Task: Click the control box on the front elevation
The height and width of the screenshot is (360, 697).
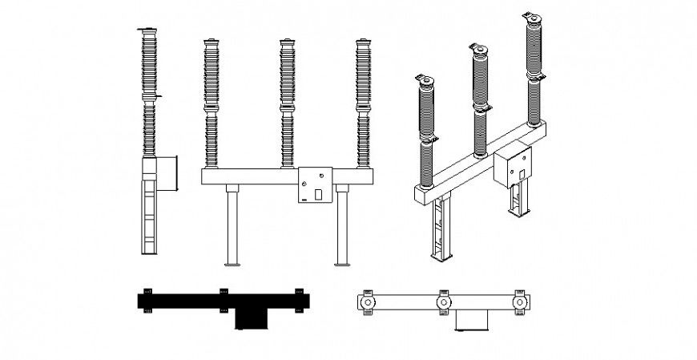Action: click(x=315, y=185)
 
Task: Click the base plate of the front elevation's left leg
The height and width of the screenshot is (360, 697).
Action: click(x=232, y=264)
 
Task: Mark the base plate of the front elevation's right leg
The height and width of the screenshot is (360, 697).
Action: click(x=342, y=264)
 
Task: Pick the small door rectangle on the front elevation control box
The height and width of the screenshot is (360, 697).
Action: click(x=318, y=193)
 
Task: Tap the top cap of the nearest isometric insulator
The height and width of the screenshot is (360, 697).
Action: click(x=425, y=79)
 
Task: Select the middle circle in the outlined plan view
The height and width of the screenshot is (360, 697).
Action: click(x=443, y=302)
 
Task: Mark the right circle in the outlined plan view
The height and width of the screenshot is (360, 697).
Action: click(x=520, y=302)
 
